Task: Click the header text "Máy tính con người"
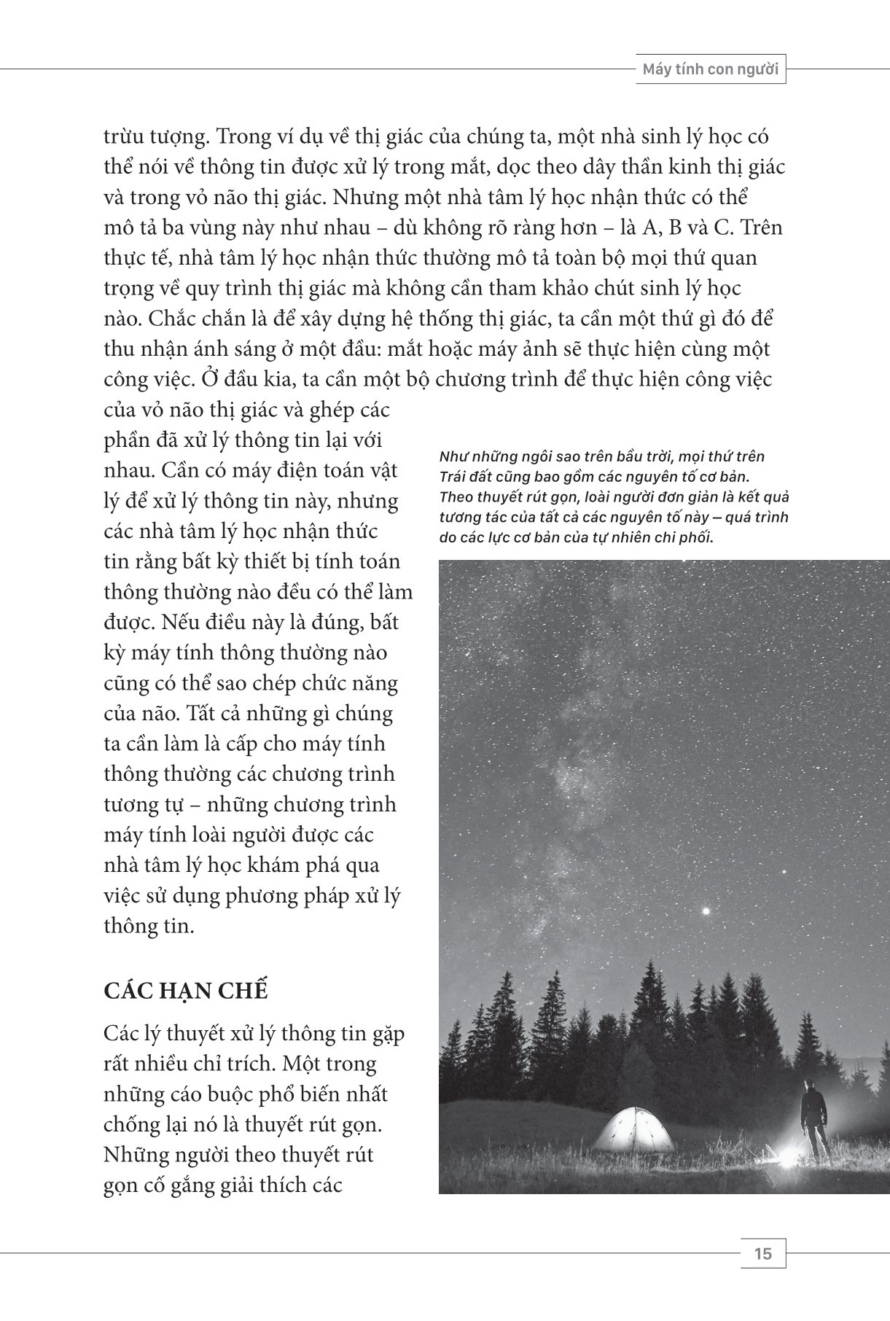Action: [x=710, y=71]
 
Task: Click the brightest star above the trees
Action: [x=706, y=911]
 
